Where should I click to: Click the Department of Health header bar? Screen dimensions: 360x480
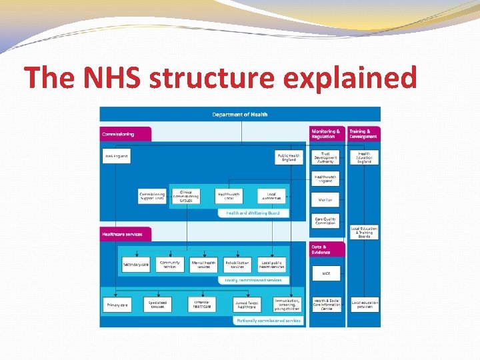(x=240, y=114)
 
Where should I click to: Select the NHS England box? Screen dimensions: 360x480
(x=116, y=157)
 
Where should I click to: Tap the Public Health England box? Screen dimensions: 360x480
(x=289, y=157)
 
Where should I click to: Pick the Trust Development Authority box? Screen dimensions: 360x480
(x=325, y=157)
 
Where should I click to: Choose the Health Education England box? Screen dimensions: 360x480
(x=364, y=157)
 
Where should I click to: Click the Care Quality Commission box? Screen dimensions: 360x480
(x=325, y=221)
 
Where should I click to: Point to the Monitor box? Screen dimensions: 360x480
(x=325, y=199)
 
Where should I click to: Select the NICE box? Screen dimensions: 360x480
(x=325, y=273)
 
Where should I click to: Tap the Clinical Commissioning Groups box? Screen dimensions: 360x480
(x=186, y=195)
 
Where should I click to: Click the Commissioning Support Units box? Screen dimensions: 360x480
(x=152, y=196)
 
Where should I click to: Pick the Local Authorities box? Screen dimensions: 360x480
(x=271, y=195)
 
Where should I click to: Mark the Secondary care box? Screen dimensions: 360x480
(x=136, y=265)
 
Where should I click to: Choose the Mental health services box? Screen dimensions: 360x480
(x=203, y=265)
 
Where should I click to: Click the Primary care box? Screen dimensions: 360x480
(x=116, y=305)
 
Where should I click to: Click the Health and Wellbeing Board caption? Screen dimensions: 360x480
(x=253, y=213)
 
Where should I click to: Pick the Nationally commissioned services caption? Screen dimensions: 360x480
(x=269, y=321)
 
